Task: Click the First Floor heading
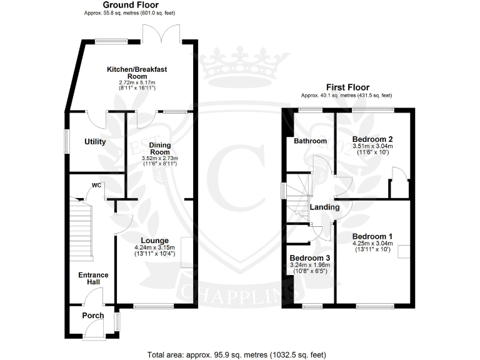347,87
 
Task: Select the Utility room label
95,142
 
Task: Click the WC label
96,185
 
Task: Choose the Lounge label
154,241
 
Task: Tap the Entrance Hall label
93,279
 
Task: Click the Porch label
93,316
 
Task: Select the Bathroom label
311,141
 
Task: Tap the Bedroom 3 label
309,257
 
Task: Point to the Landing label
324,207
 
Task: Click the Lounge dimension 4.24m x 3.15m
154,250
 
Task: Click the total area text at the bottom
236,354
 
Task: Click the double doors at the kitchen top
162,35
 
